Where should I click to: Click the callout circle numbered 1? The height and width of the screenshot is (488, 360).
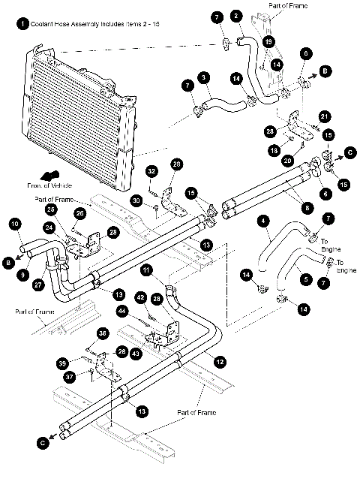(23, 24)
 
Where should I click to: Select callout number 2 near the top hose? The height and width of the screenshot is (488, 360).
(236, 15)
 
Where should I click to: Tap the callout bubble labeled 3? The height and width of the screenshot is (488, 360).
(203, 77)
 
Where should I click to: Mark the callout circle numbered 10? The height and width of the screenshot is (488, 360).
(15, 223)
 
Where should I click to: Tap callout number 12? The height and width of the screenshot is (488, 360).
(220, 362)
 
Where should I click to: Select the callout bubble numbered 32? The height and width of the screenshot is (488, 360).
(151, 172)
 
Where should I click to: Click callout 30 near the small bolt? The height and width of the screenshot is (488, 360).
(136, 200)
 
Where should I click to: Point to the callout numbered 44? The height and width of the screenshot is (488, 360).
(121, 311)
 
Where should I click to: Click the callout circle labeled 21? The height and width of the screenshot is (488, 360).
(325, 116)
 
